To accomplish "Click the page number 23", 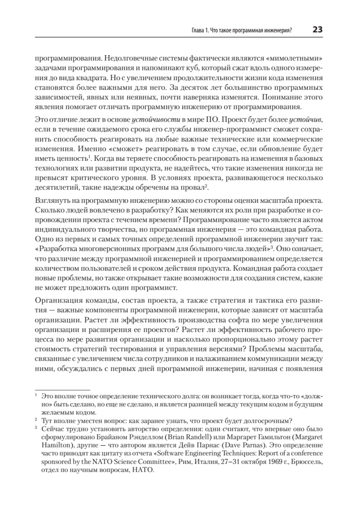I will point(318,30).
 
